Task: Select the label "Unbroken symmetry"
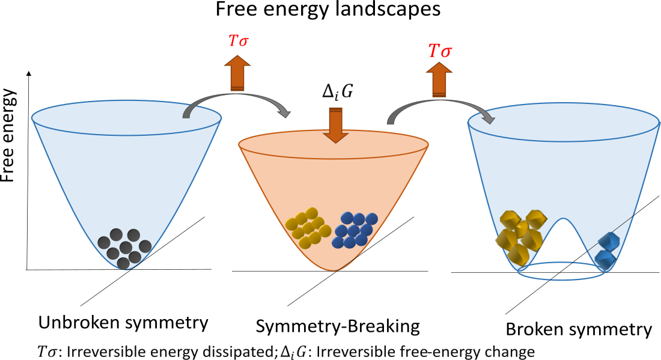tap(123, 323)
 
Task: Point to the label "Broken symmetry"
tap(578, 329)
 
